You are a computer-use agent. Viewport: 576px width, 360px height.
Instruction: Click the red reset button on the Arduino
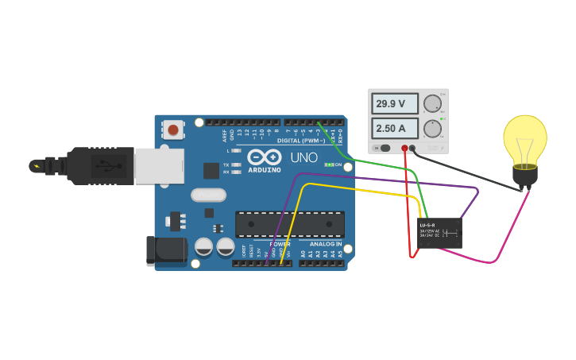[173, 130]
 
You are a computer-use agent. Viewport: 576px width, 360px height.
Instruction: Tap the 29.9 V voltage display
[396, 103]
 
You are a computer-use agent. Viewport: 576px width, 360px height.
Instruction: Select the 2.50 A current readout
[396, 128]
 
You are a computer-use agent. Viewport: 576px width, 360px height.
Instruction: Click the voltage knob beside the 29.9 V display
[432, 103]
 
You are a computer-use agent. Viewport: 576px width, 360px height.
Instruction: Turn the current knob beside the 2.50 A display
[432, 128]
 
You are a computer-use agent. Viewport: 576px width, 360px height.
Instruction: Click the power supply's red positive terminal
[404, 149]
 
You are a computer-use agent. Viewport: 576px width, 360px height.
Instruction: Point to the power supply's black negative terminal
[412, 149]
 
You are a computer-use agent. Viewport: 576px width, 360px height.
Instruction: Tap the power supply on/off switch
[384, 148]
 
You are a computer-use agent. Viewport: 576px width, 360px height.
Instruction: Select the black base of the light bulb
[524, 175]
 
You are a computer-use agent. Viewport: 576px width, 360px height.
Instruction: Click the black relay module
[440, 233]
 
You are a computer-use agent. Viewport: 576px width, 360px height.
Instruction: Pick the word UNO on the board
[303, 157]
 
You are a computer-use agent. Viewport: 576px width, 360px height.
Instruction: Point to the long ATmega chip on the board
[289, 224]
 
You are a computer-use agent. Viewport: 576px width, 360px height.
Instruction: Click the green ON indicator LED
[329, 165]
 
